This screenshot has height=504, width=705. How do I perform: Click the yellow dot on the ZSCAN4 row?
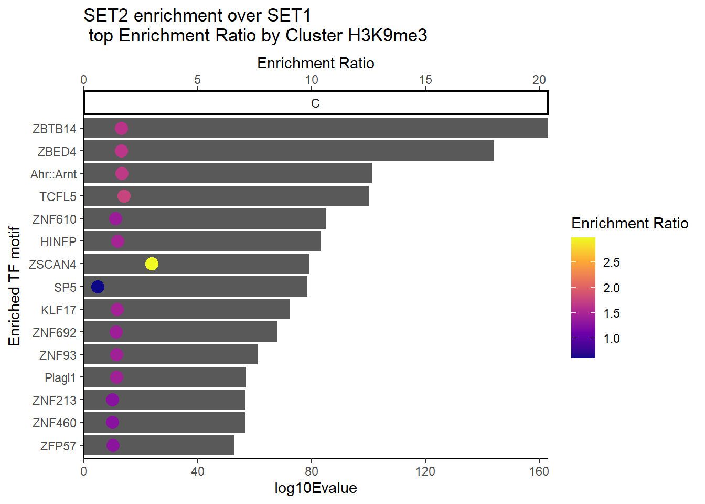point(152,264)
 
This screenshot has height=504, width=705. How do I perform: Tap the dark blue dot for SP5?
point(98,287)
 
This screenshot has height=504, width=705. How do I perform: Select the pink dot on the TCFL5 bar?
point(124,196)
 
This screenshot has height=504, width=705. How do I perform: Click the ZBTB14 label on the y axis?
point(55,129)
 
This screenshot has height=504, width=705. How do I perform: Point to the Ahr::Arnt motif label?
point(54,174)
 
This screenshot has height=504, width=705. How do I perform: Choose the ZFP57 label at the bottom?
point(58,446)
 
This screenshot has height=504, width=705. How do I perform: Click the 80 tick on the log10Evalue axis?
point(312,471)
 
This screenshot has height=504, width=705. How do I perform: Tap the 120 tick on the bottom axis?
point(425,471)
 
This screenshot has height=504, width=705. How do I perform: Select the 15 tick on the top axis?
point(425,80)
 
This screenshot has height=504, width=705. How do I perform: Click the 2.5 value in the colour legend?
point(612,262)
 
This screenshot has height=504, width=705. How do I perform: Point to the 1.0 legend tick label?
point(612,339)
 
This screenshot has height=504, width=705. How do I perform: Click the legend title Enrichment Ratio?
point(629,224)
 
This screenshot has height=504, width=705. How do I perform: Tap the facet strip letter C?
point(315,103)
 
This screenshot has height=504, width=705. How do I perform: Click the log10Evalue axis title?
point(315,488)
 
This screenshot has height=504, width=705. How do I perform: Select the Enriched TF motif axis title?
point(15,286)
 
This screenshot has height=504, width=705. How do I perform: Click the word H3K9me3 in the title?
point(388,36)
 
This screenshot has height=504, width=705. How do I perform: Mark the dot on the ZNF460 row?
point(112,422)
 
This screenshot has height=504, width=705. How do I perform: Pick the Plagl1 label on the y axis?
point(60,378)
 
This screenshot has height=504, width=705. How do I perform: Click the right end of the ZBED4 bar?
point(492,151)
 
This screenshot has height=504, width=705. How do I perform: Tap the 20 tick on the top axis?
point(539,80)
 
